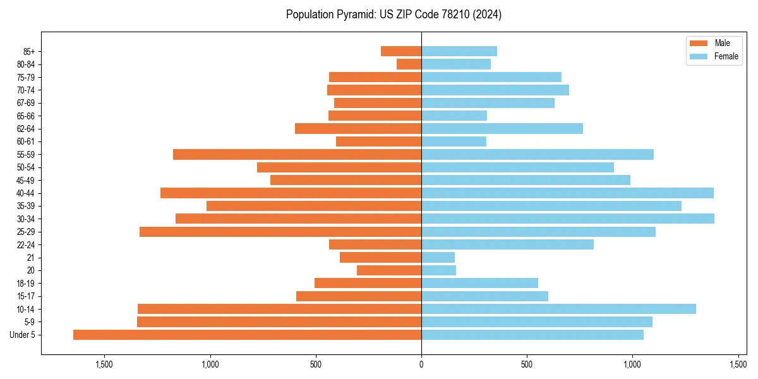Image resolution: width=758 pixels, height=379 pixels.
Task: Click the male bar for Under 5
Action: point(247,335)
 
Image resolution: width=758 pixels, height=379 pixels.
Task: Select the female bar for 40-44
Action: point(567,193)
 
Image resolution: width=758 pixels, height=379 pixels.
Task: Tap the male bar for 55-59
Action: point(297,155)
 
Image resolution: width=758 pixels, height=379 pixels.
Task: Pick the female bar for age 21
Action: point(438,258)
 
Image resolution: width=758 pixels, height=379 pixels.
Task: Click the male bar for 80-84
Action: point(409,64)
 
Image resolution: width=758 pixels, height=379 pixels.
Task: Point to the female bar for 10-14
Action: point(558,309)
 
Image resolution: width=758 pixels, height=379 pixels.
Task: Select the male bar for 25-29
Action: point(280,232)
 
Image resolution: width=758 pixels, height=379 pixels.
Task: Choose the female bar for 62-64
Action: point(502,129)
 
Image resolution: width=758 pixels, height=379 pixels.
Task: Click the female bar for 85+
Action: point(459,51)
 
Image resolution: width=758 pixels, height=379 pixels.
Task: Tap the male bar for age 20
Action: point(389,270)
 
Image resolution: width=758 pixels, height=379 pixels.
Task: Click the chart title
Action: point(394,15)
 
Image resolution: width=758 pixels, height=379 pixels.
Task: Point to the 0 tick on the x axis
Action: point(421,364)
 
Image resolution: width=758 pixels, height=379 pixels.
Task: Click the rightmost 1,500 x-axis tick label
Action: point(738,364)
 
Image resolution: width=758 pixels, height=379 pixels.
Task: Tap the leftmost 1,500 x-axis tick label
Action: point(104,364)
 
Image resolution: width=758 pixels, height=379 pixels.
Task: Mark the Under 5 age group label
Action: point(22,335)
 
